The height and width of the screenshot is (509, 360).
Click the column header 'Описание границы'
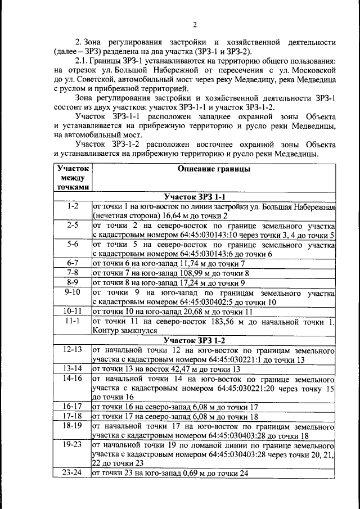pos(214,169)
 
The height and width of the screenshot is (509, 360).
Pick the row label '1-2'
pos(72,206)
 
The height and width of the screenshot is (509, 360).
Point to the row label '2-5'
pos(72,225)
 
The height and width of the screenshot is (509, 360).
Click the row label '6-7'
pos(72,263)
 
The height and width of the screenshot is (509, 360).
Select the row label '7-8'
pos(72,273)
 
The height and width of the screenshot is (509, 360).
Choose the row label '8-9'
pos(72,282)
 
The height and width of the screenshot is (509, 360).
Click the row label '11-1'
pos(72,321)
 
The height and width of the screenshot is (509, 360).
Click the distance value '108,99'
pos(185,273)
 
